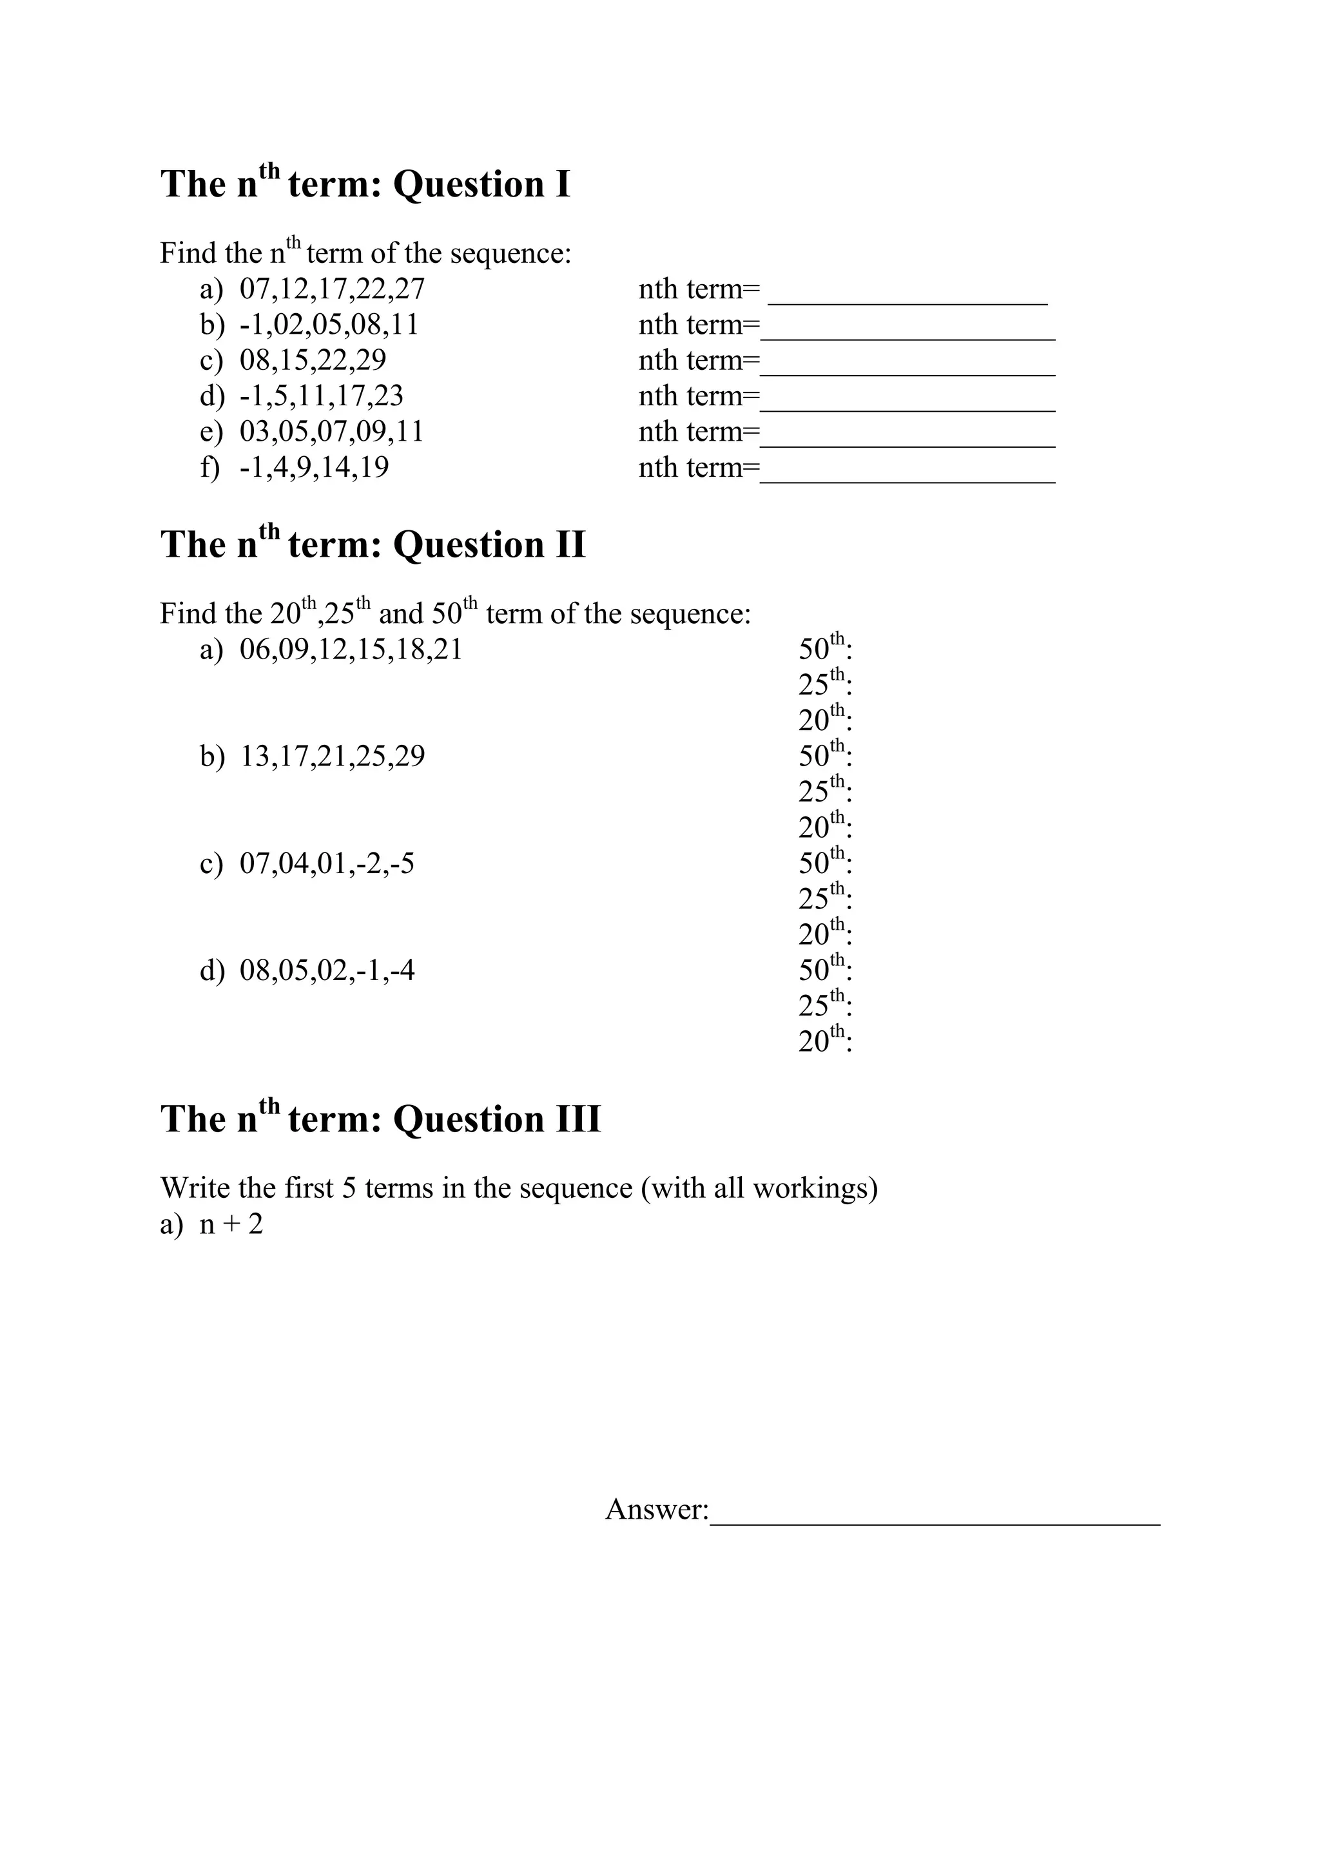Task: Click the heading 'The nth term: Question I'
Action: pos(365,184)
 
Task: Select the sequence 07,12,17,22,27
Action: pos(332,289)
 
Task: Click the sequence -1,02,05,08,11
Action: pos(329,325)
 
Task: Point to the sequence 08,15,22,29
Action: pos(313,360)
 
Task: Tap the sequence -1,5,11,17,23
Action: pos(321,396)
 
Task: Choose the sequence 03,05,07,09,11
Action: pos(332,432)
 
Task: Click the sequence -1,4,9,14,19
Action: pos(314,467)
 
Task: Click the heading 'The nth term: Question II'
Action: pos(373,544)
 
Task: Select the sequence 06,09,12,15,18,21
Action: pos(351,649)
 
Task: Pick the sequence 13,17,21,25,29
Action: pos(332,756)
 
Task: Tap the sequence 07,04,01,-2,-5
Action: pos(327,863)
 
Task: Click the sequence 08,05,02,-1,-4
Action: pos(327,970)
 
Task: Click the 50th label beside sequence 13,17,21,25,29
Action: pos(824,755)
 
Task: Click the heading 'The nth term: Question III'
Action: pos(380,1119)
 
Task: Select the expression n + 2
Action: pos(231,1224)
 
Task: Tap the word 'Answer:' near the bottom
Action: pos(657,1509)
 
